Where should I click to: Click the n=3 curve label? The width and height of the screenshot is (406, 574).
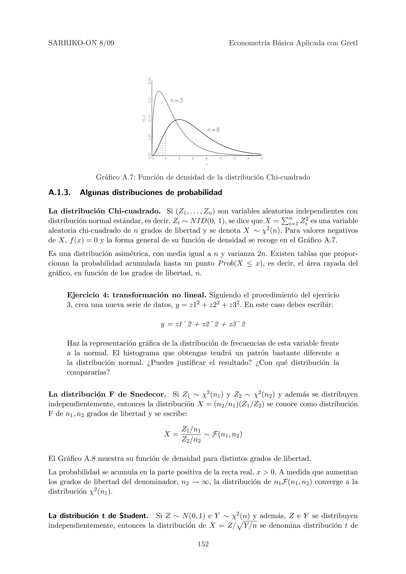coord(177,101)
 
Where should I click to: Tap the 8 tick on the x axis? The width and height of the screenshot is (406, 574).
coord(206,159)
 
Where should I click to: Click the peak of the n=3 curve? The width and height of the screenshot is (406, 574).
coord(159,91)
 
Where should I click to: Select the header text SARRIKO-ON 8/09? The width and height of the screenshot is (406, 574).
coord(81,43)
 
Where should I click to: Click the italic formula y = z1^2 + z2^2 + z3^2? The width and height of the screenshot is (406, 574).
coord(203,324)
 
